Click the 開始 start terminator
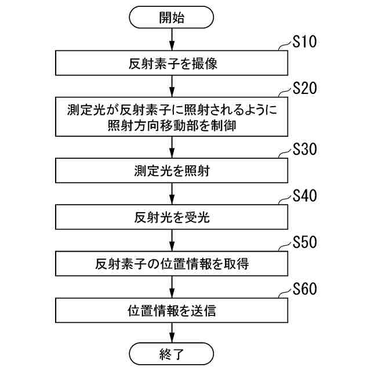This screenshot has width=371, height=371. tap(172, 18)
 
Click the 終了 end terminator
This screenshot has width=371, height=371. tap(172, 353)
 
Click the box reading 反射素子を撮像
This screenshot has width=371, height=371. tap(172, 64)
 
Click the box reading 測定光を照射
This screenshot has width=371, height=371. tap(172, 171)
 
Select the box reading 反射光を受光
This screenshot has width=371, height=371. tap(172, 217)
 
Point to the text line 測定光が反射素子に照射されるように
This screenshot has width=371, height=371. tap(172, 108)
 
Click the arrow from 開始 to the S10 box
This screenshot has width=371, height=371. tap(172, 40)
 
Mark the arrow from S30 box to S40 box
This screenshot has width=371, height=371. tap(172, 194)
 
